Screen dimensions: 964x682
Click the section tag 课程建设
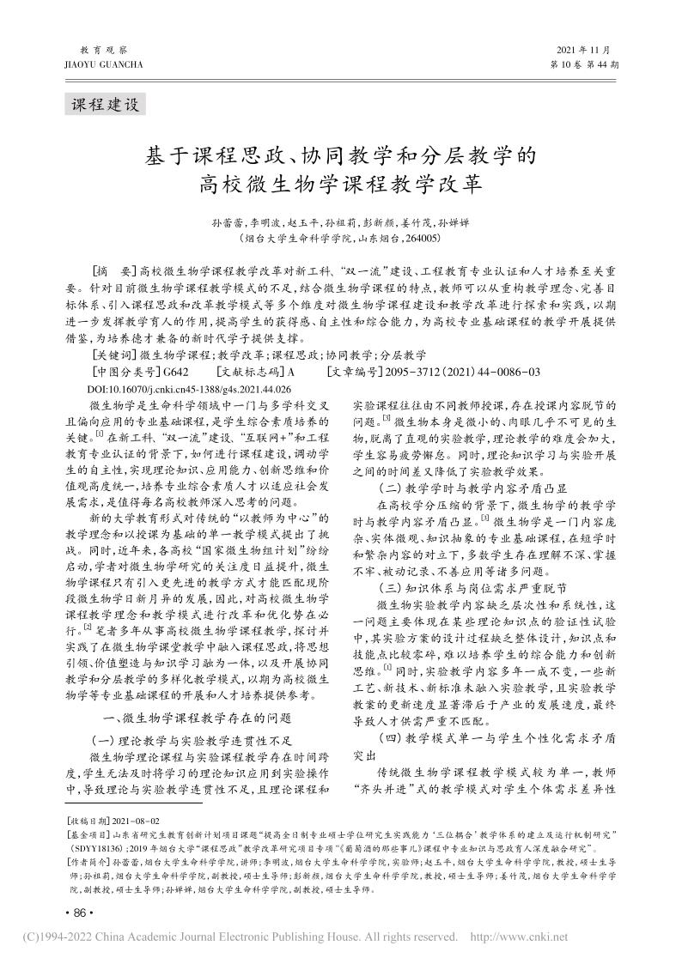point(104,105)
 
